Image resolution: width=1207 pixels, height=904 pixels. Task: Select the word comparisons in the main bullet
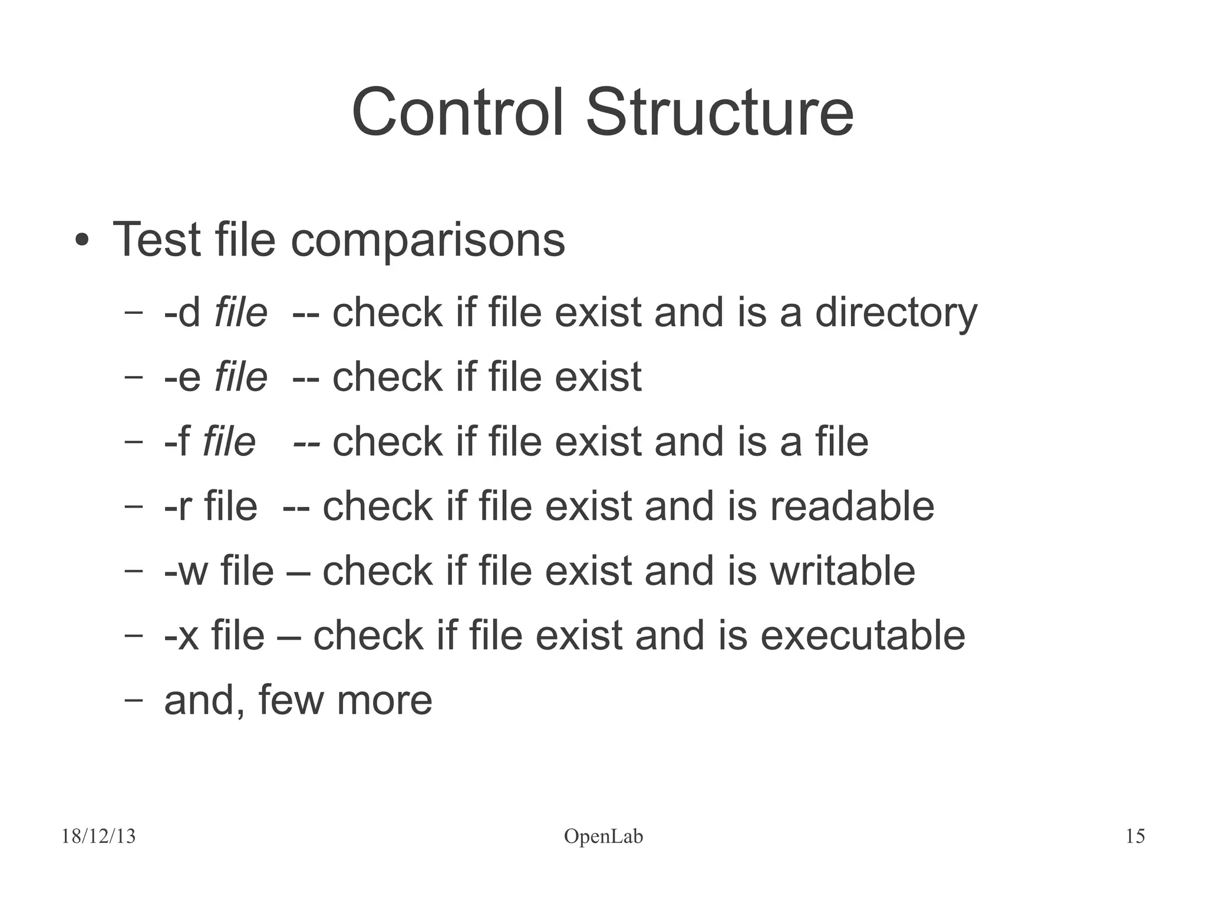coord(428,241)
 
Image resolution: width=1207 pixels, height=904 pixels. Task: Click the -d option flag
coord(183,312)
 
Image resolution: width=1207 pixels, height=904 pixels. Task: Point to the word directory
coord(896,312)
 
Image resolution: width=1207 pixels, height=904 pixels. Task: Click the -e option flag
coord(183,377)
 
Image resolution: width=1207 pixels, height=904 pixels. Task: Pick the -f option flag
coord(177,442)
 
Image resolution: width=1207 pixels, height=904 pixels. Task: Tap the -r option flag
coord(178,506)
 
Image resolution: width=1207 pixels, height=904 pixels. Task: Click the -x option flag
coord(182,636)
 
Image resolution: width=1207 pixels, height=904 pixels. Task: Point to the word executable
coord(862,636)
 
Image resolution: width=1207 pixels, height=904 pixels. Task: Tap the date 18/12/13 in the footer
coord(98,836)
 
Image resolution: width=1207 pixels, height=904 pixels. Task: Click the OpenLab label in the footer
coord(603,836)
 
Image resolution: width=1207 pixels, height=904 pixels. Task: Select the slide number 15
coord(1135,836)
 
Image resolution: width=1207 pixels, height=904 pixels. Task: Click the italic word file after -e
coord(240,377)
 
